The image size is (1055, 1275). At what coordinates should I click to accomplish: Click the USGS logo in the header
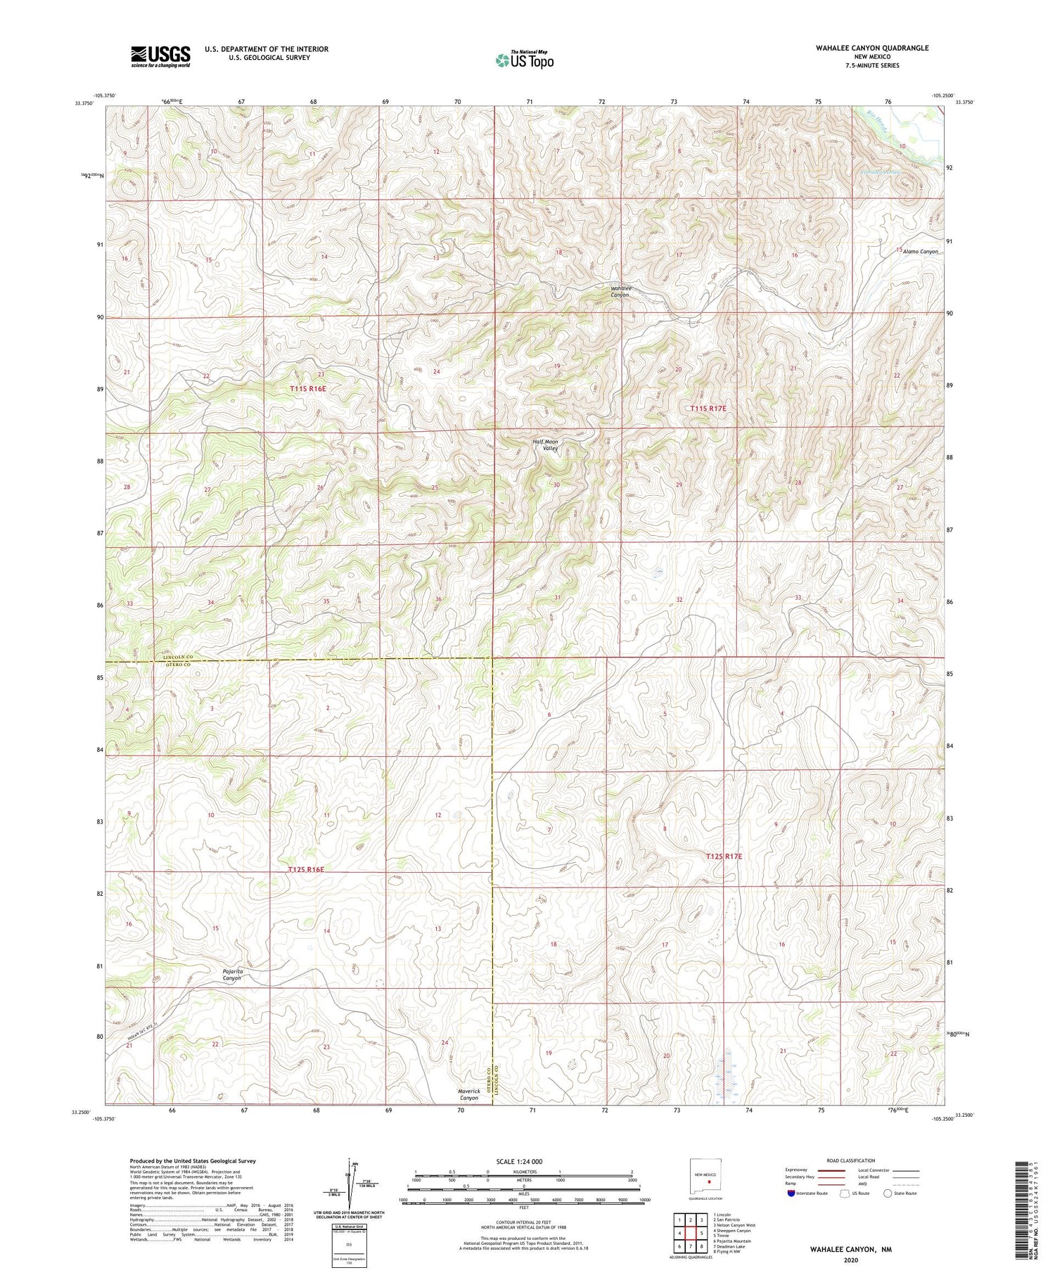point(160,56)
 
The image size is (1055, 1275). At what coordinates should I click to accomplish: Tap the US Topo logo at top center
point(524,60)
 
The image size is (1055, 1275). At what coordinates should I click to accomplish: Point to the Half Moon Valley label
point(545,444)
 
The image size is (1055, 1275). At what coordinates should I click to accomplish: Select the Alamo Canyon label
point(921,251)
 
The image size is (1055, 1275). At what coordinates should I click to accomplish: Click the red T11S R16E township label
point(308,388)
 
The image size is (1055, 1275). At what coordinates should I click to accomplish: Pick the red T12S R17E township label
point(724,857)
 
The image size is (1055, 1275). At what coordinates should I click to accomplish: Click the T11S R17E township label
point(708,408)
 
